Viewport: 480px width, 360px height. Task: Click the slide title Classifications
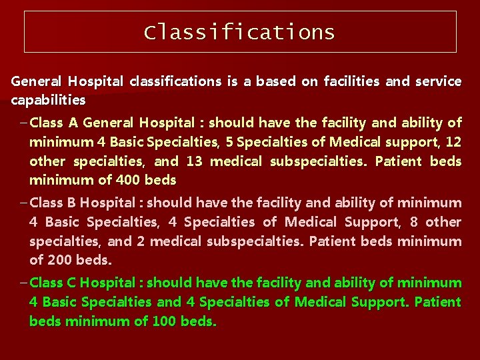tap(239, 32)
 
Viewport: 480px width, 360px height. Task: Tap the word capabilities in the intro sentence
tap(48, 101)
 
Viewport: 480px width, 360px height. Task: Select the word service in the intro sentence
tap(438, 81)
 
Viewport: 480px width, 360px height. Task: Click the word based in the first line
tap(275, 81)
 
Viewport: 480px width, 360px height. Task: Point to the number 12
tap(453, 142)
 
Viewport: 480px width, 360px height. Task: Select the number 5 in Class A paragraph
tap(229, 142)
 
